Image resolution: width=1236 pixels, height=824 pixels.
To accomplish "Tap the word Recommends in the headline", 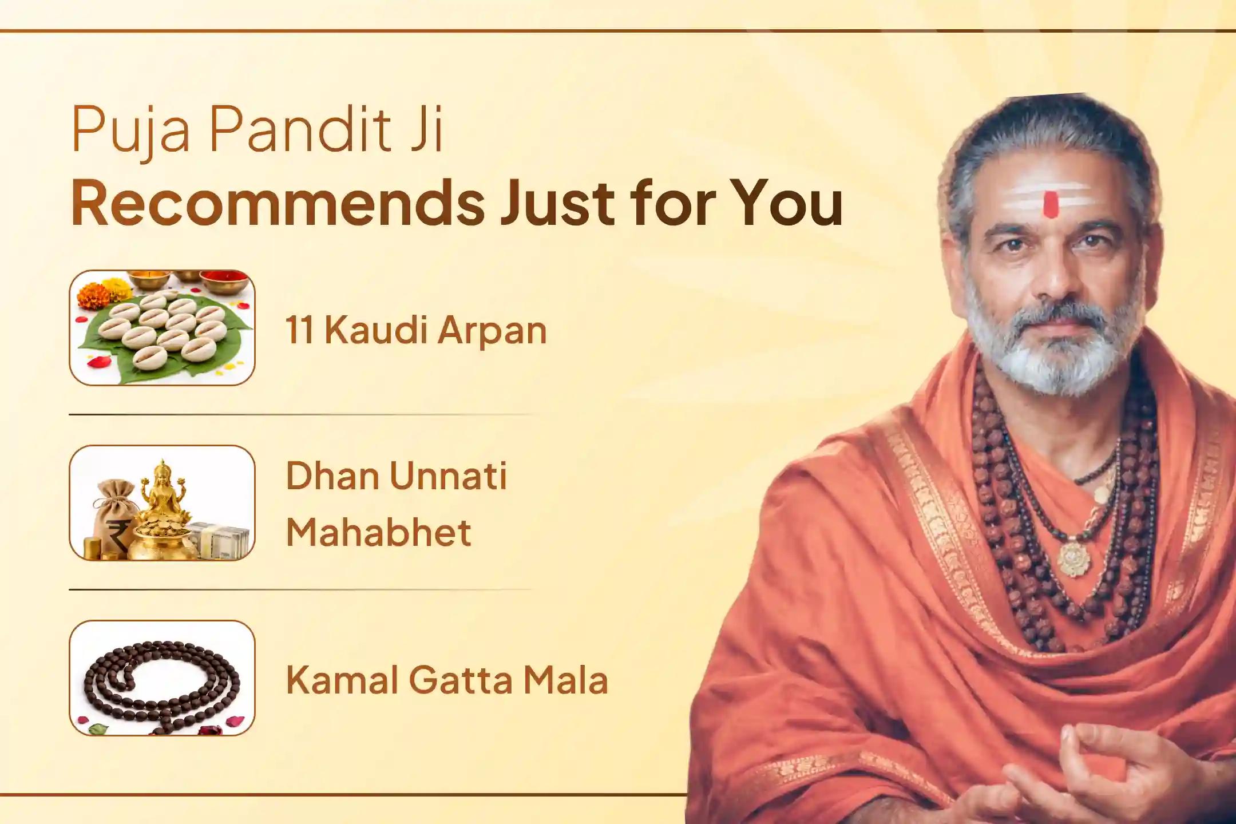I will pyautogui.click(x=278, y=203).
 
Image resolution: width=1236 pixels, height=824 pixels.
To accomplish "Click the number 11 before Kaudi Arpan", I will pyautogui.click(x=299, y=330).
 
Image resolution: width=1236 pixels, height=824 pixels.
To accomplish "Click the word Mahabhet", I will pyautogui.click(x=378, y=532).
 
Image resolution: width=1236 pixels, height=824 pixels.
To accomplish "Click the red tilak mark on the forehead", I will pyautogui.click(x=1051, y=205).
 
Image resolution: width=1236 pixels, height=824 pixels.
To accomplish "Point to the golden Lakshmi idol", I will pyautogui.click(x=163, y=492).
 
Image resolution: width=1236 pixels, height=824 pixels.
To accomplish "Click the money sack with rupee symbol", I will pyautogui.click(x=114, y=521).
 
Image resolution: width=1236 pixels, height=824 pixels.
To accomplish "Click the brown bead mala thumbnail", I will pyautogui.click(x=162, y=678).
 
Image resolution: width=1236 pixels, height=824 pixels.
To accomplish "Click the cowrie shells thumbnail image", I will pyautogui.click(x=162, y=328).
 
